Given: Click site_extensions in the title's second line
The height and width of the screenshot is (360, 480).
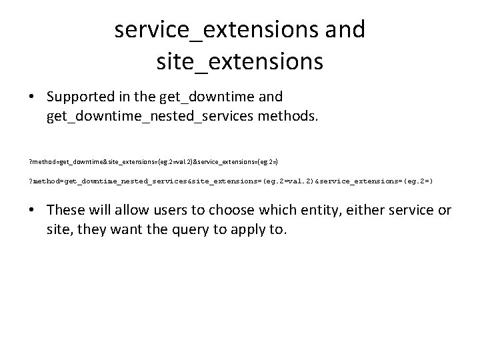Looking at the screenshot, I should [240, 62].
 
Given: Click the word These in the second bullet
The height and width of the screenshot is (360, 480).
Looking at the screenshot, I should [67, 211].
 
